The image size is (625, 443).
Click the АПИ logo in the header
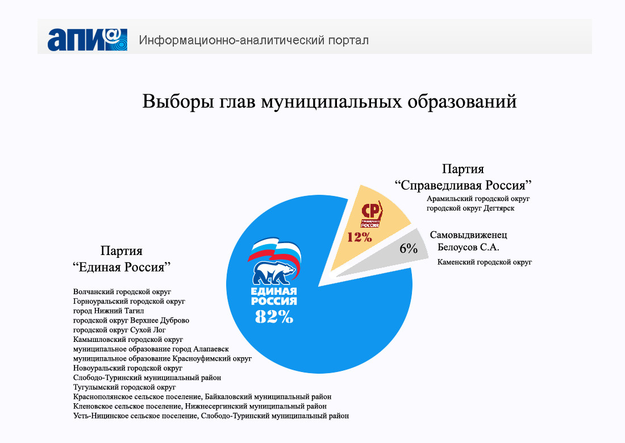point(88,39)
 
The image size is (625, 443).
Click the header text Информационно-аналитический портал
point(254,40)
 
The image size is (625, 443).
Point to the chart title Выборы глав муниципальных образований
point(329,102)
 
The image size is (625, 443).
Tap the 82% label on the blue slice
point(274,317)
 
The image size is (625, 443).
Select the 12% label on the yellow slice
point(359,237)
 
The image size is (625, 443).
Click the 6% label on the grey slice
point(409,249)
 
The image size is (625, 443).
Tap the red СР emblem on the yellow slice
point(372,214)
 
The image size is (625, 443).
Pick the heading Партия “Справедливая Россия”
point(463,177)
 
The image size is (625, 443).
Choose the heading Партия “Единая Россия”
point(122,259)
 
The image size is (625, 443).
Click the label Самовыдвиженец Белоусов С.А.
point(468,241)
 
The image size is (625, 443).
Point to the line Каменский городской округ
point(484,262)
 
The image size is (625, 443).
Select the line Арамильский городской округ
point(478,198)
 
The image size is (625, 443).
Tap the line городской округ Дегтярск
point(470,208)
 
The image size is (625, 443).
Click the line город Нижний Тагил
point(109,311)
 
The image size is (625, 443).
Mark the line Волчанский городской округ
point(122,291)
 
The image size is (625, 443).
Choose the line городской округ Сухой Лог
point(119,330)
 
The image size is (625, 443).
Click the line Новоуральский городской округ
point(127,368)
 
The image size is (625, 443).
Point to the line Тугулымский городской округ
point(124,387)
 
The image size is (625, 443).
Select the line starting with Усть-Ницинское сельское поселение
point(211,416)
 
